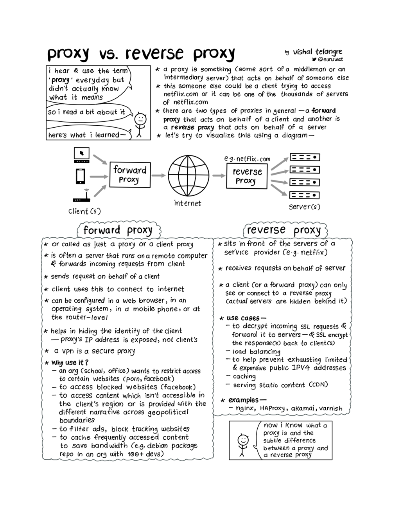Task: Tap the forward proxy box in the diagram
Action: (x=129, y=175)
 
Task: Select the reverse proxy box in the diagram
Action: (x=247, y=176)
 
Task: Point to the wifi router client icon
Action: (x=82, y=196)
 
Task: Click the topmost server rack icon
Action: (x=305, y=157)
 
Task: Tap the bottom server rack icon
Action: (x=305, y=195)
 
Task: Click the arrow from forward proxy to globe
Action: (x=158, y=175)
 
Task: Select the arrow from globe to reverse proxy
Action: (x=217, y=175)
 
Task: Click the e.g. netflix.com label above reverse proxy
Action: (x=247, y=159)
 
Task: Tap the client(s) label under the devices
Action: (x=84, y=211)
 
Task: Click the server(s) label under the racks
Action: (x=304, y=207)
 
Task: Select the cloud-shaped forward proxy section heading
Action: (x=118, y=230)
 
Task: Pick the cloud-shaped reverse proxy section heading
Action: (x=284, y=230)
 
